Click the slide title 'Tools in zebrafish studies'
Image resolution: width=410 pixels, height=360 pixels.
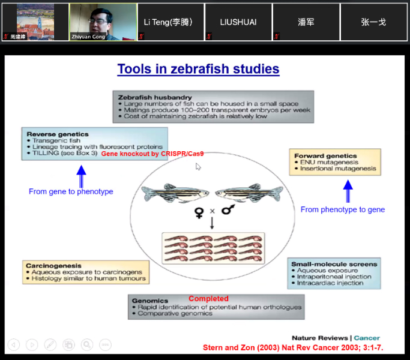[x=198, y=69]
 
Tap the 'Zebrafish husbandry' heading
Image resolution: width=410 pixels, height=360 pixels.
[x=155, y=98]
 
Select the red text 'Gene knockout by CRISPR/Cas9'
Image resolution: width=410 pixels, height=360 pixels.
[x=152, y=154]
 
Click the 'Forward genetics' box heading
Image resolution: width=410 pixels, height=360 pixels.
[x=325, y=156]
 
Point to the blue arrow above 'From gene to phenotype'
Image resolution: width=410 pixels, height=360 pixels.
[x=81, y=176]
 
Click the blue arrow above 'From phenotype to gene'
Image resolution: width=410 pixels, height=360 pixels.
[x=348, y=191]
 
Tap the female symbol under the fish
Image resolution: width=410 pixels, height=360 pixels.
[x=199, y=212]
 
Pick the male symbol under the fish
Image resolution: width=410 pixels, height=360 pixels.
[x=228, y=209]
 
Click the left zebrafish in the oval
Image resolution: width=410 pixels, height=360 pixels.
[x=175, y=193]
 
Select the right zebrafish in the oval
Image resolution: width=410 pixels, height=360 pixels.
[x=249, y=193]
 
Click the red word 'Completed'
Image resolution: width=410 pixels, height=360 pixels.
[x=208, y=299]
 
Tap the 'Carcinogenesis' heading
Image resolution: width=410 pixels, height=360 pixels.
[x=53, y=266]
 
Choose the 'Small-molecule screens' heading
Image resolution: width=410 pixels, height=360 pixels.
[x=334, y=264]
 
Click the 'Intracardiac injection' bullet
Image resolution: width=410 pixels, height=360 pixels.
[x=330, y=283]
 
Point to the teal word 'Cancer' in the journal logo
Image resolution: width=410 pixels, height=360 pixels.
[x=367, y=338]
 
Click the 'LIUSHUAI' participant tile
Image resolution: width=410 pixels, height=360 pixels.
[x=238, y=22]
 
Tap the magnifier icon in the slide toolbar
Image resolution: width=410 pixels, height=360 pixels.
[x=87, y=344]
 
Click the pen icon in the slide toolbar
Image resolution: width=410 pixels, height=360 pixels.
[x=50, y=344]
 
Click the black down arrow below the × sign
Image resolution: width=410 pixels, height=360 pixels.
[x=212, y=223]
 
